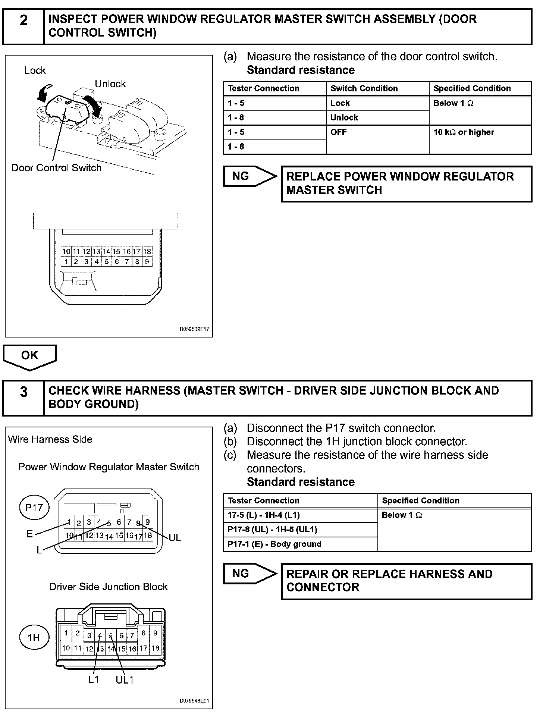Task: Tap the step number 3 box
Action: [x=23, y=398]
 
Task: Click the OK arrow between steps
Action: [x=30, y=357]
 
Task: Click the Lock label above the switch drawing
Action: [x=35, y=70]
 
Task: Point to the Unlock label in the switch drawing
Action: [x=110, y=84]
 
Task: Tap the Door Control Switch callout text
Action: [x=56, y=168]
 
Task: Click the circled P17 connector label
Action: [x=34, y=508]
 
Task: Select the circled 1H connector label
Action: [x=34, y=637]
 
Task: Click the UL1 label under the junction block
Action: [x=125, y=680]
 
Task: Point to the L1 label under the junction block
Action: [x=94, y=679]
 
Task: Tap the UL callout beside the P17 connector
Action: [x=175, y=538]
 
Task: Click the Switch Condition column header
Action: [x=377, y=89]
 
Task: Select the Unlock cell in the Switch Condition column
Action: [x=377, y=118]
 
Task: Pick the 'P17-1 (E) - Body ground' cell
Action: [x=300, y=544]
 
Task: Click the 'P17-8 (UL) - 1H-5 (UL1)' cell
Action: [x=300, y=530]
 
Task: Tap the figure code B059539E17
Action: [x=194, y=330]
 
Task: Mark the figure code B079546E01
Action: [x=194, y=701]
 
